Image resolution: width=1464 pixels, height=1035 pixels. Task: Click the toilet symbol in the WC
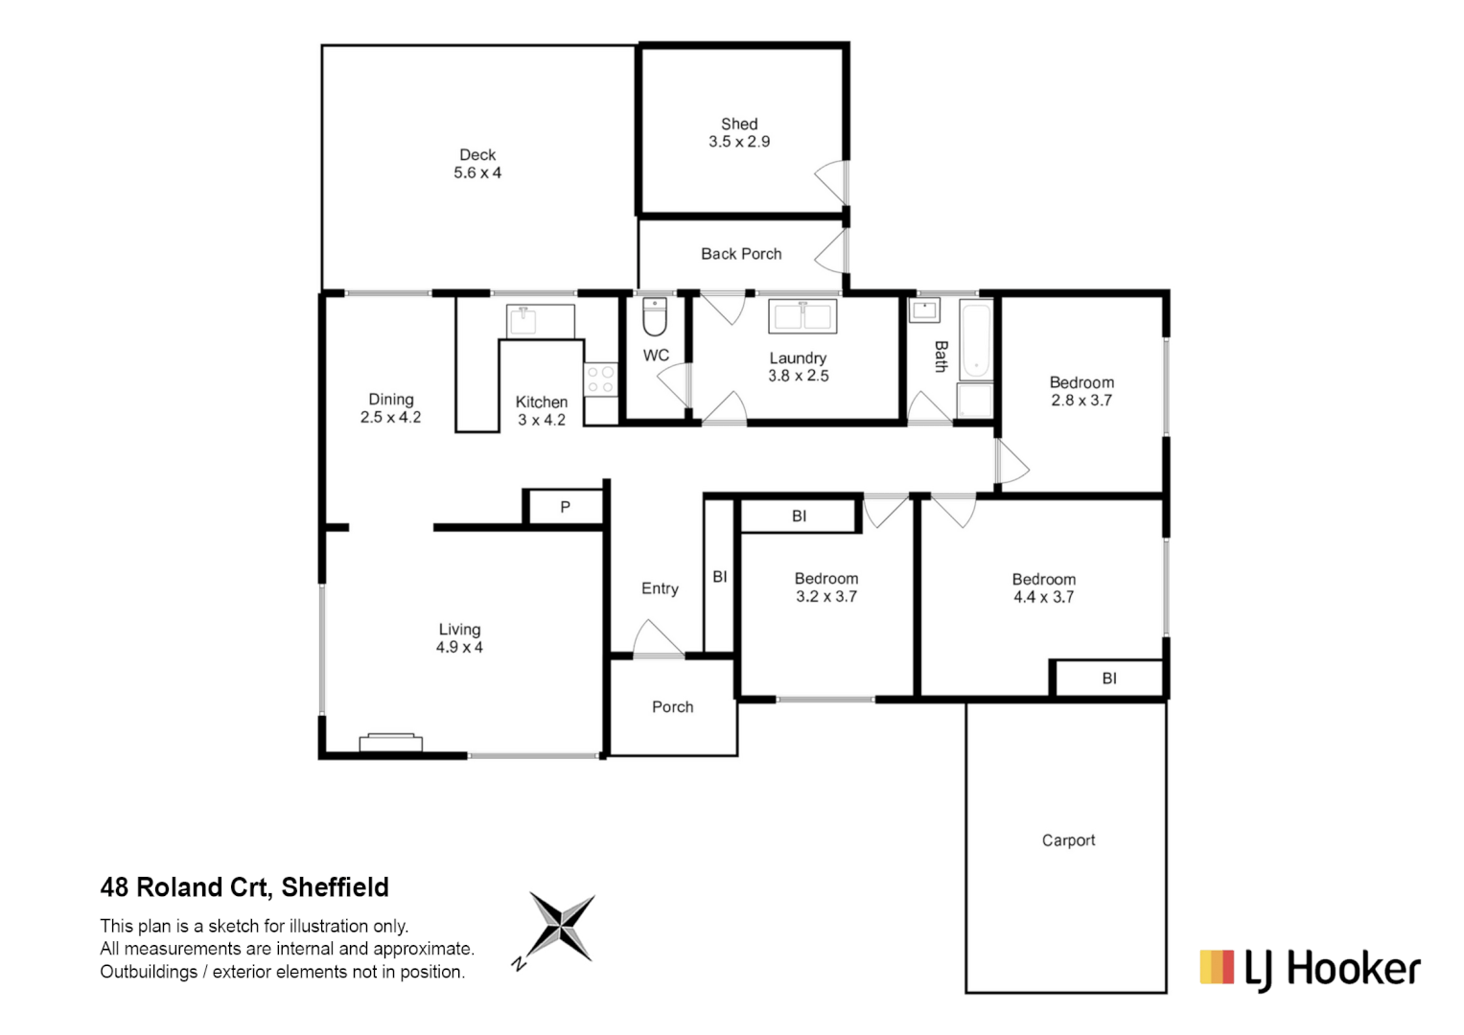[655, 318]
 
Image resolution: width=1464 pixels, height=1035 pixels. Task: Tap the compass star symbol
[562, 927]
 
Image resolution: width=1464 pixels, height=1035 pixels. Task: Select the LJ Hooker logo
[1310, 968]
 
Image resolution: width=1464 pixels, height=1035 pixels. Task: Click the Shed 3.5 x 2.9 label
[739, 133]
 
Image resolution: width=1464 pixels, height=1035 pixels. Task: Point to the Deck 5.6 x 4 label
[477, 164]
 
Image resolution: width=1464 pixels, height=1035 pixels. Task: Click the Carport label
[1068, 840]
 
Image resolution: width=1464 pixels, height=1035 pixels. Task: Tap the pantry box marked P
[565, 507]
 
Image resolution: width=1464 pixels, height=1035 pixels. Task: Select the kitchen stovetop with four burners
[601, 379]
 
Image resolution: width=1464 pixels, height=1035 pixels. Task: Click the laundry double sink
[802, 315]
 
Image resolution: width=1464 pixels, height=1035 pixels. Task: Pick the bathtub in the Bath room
[975, 340]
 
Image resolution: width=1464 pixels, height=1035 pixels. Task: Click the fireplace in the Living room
[390, 743]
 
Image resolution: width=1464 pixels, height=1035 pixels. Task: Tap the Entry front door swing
[656, 640]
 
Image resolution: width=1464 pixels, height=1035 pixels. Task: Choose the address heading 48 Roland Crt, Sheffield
[244, 887]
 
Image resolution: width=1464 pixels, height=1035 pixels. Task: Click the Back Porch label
[741, 254]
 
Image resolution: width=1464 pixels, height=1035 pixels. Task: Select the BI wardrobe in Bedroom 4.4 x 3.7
[1108, 678]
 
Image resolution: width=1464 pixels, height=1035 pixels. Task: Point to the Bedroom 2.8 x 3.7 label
[1081, 391]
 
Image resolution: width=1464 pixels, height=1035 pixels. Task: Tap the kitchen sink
[523, 320]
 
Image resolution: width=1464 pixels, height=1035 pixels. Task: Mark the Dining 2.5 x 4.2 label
[391, 408]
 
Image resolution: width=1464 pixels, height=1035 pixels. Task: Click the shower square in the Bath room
[975, 401]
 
